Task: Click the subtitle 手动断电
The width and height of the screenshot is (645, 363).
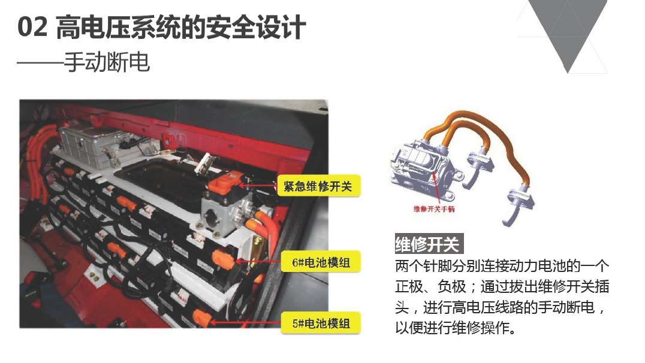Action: pyautogui.click(x=107, y=62)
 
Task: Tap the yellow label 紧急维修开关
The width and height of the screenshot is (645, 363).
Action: pyautogui.click(x=318, y=186)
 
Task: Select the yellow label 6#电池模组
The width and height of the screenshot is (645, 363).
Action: pyautogui.click(x=321, y=262)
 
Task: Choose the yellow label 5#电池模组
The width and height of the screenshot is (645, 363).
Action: pyautogui.click(x=321, y=323)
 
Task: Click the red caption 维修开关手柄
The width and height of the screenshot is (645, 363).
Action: pyautogui.click(x=434, y=209)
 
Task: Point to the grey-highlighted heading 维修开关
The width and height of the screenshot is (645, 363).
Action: pyautogui.click(x=428, y=244)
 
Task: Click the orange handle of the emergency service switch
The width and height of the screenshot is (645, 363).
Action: pyautogui.click(x=224, y=184)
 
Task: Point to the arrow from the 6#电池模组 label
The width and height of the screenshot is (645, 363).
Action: pyautogui.click(x=258, y=261)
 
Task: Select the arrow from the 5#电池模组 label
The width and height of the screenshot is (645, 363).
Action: pyautogui.click(x=245, y=323)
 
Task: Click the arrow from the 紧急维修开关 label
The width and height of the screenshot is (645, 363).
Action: pyautogui.click(x=259, y=186)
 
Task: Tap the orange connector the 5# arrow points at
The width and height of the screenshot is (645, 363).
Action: pyautogui.click(x=201, y=318)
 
